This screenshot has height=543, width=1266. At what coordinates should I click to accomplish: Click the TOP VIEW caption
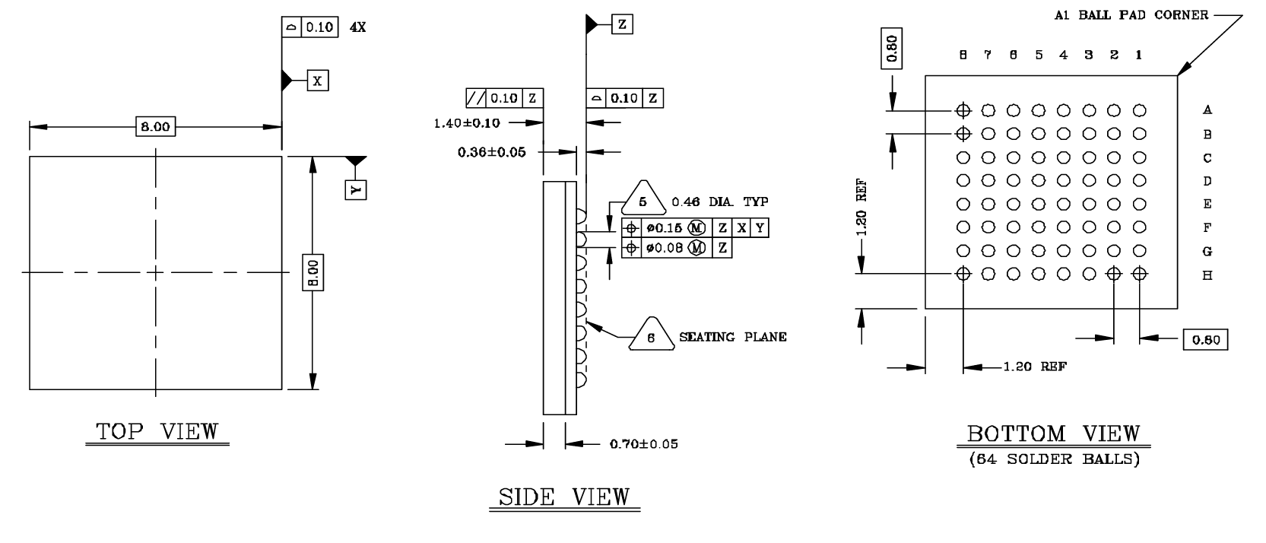[157, 433]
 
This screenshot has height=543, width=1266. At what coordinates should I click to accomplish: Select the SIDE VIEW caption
[563, 497]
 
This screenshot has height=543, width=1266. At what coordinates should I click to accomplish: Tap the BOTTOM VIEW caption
[1054, 434]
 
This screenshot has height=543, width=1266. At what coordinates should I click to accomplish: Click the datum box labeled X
[318, 80]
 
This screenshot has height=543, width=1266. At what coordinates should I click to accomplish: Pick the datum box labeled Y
[355, 189]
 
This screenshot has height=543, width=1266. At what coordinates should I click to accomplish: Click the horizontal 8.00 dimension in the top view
[155, 127]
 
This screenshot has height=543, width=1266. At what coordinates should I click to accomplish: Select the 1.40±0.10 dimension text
[467, 122]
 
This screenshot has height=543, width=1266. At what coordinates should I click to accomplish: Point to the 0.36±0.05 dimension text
[491, 152]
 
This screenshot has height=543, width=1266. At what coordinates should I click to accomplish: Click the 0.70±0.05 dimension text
[643, 444]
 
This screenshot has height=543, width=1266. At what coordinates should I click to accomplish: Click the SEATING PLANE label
[732, 337]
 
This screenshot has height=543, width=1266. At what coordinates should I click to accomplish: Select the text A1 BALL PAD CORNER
[1131, 15]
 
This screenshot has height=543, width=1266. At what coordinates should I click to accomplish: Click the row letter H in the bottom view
[1207, 275]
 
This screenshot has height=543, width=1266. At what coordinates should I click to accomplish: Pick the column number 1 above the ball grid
[1139, 55]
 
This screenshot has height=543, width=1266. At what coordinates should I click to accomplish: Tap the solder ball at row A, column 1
[1139, 110]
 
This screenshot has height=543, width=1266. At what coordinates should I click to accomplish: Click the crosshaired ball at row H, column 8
[963, 274]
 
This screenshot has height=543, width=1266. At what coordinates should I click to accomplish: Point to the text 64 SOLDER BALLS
[1054, 460]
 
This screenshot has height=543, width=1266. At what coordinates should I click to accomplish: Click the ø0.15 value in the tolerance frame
[665, 228]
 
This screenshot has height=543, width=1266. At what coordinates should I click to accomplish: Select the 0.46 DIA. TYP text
[719, 202]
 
